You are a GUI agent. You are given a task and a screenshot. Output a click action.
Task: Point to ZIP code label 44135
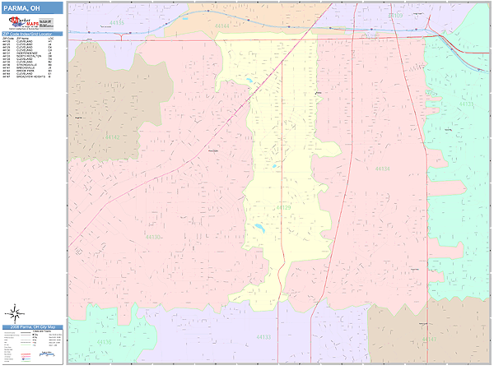click(119, 23)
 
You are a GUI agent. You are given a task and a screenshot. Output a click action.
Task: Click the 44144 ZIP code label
click(221, 25)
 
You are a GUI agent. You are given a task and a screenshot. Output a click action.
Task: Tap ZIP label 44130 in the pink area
click(154, 236)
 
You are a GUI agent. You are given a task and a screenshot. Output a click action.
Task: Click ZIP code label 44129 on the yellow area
click(283, 207)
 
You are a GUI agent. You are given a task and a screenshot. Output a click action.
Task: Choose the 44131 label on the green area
click(466, 104)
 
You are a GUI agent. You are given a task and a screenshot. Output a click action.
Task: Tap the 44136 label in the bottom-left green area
click(105, 341)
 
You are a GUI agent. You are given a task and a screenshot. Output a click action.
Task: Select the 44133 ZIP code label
click(263, 337)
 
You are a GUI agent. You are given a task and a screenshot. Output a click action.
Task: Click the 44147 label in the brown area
click(430, 338)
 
